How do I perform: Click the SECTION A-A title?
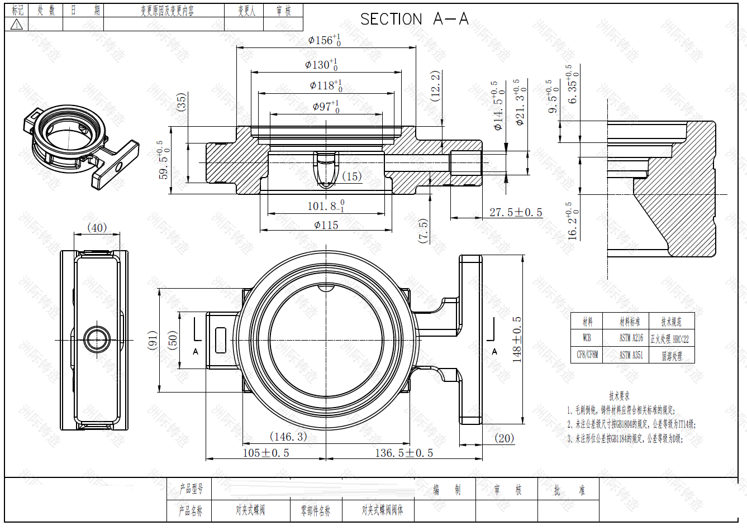tap(414, 20)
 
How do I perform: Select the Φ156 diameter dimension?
tap(324, 40)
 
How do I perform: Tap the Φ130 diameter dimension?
tap(321, 65)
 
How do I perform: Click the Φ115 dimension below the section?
tap(326, 225)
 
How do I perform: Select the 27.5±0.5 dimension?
tap(515, 212)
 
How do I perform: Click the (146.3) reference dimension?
tap(288, 436)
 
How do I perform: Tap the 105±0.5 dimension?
tap(266, 453)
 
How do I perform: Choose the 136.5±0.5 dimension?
tap(404, 453)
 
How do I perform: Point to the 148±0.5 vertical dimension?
tap(517, 339)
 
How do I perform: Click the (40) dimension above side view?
tap(97, 228)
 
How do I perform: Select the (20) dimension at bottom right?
tap(504, 438)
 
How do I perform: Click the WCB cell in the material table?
tap(587, 338)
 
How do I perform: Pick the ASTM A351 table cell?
tap(631, 355)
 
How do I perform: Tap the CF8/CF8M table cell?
tap(587, 355)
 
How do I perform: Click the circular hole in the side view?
tap(98, 339)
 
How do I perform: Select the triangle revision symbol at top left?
tap(17, 24)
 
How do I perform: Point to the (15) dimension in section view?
tap(351, 176)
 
